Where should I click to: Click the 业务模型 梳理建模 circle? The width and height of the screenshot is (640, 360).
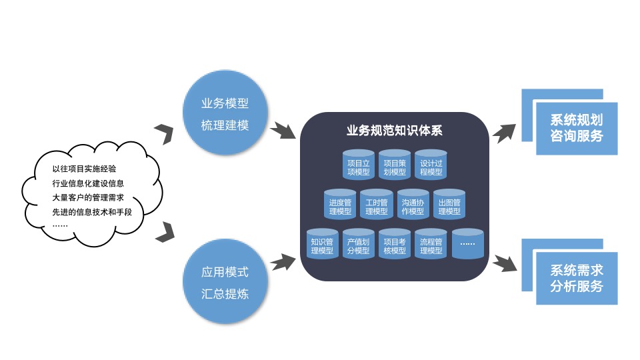pos(225,115)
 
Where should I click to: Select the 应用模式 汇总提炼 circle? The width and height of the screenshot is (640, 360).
pos(225,282)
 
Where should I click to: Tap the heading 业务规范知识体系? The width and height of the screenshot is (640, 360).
pos(395,130)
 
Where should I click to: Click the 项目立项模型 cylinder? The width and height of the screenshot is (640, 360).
pos(359,165)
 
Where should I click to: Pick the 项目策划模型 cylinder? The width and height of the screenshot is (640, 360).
pos(395,165)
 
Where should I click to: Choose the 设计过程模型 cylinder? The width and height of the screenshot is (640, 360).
pos(430,165)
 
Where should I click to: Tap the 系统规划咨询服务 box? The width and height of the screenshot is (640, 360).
pos(577,128)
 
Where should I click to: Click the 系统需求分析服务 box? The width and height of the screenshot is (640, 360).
pos(577,278)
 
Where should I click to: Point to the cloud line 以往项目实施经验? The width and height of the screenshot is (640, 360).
pos(89,169)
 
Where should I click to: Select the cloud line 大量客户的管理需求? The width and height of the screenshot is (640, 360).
pos(89,198)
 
